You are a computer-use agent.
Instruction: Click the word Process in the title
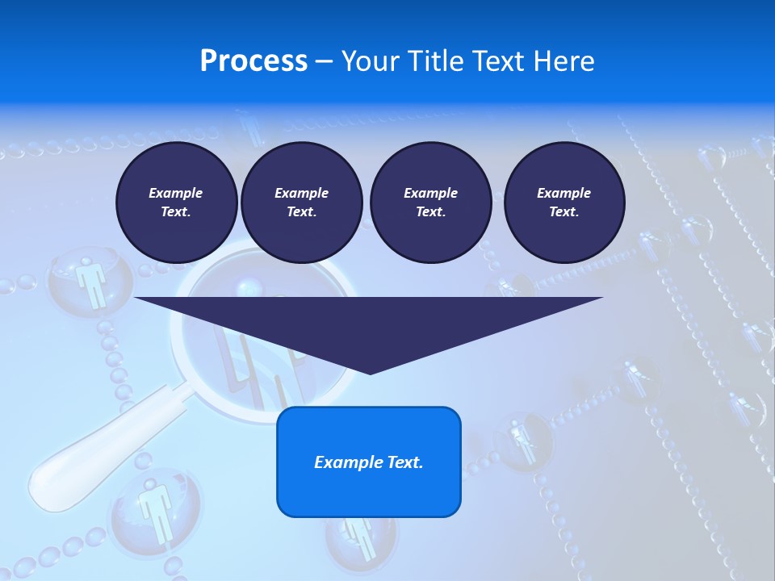point(253,61)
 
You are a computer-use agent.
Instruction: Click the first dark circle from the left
point(176,203)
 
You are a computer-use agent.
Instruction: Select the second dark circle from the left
point(301,203)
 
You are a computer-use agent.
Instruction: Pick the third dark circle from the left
point(430,203)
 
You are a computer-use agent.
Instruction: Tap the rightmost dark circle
point(564,203)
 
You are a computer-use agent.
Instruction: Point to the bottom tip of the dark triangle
point(370,374)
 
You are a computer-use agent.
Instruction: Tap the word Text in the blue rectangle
point(403,462)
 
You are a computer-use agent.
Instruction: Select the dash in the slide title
point(325,61)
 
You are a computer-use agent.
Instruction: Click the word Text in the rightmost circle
point(563,212)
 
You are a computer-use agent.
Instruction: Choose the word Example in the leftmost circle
point(176,193)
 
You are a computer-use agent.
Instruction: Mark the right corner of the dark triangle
point(601,299)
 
